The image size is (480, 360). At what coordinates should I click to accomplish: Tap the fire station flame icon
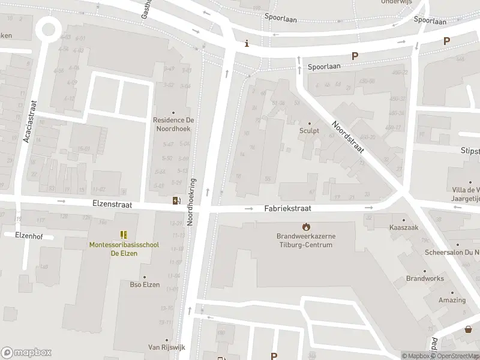[306, 226]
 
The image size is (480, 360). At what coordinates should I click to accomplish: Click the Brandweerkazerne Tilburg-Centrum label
[306, 241]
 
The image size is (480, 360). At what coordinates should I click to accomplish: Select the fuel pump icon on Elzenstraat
[176, 200]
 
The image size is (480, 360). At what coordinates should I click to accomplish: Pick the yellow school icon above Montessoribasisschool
[124, 235]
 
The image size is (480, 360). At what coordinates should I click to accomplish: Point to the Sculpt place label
[309, 130]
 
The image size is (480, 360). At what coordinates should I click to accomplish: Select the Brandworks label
[425, 278]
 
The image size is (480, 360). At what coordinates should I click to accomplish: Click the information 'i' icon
[246, 44]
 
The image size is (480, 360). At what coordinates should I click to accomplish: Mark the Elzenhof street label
[19, 236]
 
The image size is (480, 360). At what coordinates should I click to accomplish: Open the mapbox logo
[26, 352]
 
